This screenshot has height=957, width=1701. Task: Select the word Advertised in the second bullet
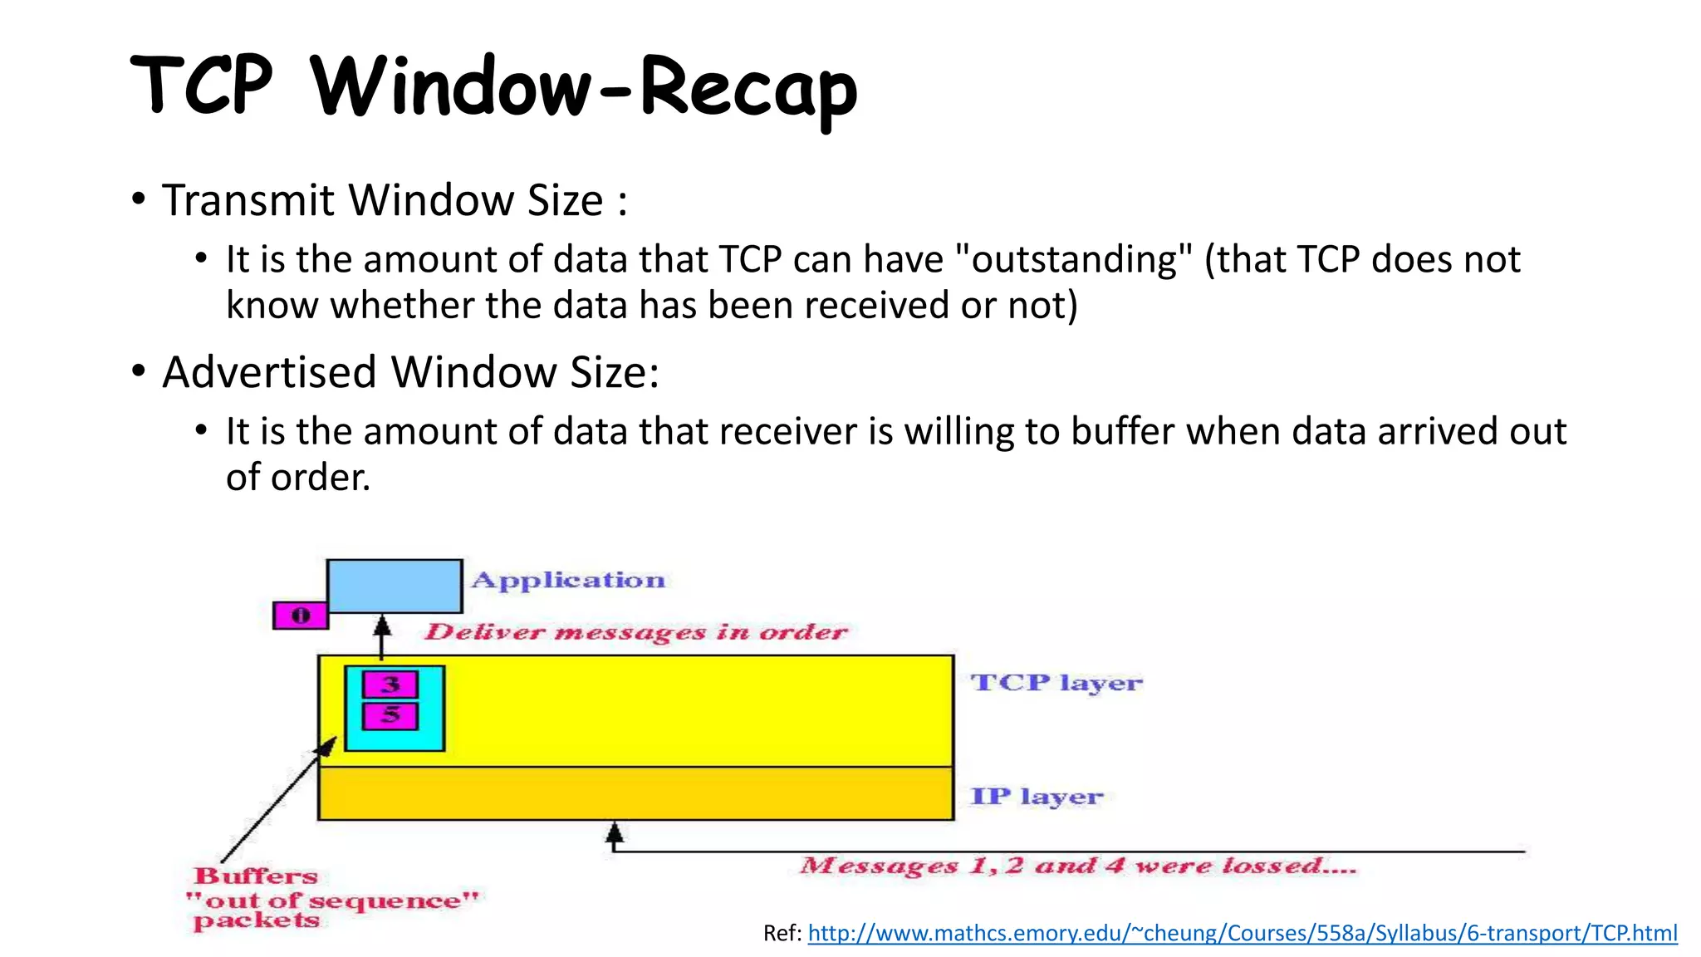click(x=269, y=371)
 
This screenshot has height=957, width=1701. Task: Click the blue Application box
click(x=395, y=586)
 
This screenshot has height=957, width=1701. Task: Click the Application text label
click(x=568, y=580)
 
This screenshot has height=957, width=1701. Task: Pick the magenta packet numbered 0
click(x=300, y=616)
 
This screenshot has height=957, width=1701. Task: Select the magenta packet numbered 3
click(x=390, y=685)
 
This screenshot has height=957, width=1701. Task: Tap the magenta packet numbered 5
click(x=390, y=715)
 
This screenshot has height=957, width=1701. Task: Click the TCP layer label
click(x=1056, y=683)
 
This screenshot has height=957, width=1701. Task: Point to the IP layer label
click(x=1037, y=797)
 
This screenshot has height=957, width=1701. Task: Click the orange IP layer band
click(x=635, y=793)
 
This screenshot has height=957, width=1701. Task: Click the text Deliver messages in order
click(x=635, y=632)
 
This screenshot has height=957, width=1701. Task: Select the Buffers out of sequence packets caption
click(x=332, y=900)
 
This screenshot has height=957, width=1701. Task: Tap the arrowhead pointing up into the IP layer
click(x=614, y=831)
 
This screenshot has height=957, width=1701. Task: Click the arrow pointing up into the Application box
click(x=382, y=636)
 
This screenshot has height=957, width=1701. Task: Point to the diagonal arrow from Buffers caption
click(x=278, y=800)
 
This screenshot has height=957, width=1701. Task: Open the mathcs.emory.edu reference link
click(x=1242, y=933)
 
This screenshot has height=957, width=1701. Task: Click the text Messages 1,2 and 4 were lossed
click(x=1077, y=866)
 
